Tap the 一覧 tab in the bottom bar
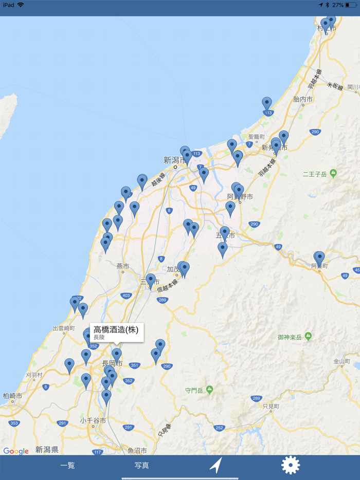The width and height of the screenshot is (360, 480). coord(67,466)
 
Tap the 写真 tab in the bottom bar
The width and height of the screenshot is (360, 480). coord(142,466)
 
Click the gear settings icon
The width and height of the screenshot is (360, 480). coord(291,465)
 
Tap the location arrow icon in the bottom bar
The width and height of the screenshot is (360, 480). coord(217,466)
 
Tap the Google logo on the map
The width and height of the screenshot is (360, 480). coord(16,451)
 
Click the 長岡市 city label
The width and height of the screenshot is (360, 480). coord(112,363)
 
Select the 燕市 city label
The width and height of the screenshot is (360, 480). coord(123,266)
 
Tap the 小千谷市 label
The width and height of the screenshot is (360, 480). coord(93,420)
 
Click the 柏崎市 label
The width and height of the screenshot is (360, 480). coord(12,396)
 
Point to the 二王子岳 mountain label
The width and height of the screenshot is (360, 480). coord(315,175)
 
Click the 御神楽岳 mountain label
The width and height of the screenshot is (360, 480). coord(291,337)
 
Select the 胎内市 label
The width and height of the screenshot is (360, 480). coord(302,98)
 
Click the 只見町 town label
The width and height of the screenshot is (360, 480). coord(271,406)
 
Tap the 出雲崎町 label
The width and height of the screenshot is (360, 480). coord(64,328)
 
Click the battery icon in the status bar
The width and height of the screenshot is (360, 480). coord(351,5)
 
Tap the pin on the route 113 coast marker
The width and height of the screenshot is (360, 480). coord(267,104)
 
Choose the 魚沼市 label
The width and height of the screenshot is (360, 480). coord(137,451)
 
